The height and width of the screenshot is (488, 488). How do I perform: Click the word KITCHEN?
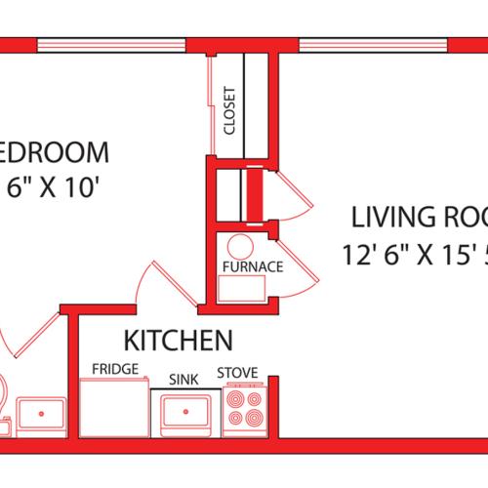pos(177,342)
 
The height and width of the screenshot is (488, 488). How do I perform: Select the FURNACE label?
pos(252,266)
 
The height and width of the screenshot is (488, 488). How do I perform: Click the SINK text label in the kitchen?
pos(183,377)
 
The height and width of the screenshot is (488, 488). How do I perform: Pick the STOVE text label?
pos(236,372)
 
